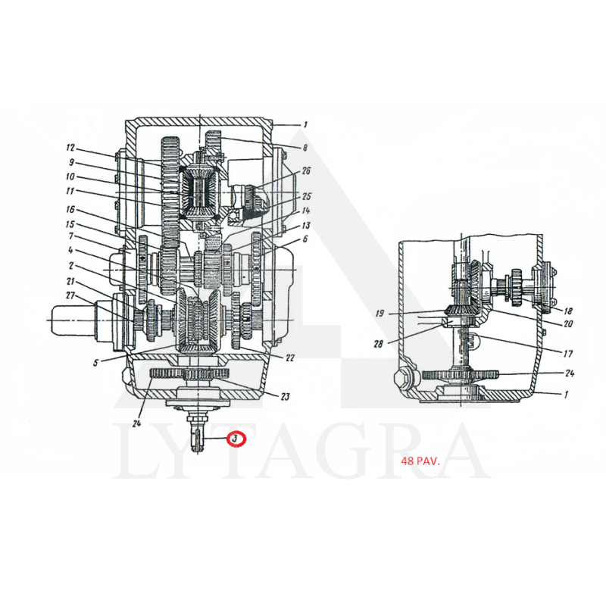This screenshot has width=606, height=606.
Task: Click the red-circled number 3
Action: (x=236, y=439)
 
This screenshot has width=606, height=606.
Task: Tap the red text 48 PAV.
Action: (x=420, y=461)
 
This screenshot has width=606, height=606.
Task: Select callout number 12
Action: (x=70, y=148)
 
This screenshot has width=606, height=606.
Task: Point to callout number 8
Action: (x=305, y=147)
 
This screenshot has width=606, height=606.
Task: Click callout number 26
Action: (x=306, y=170)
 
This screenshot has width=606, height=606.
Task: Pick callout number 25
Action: (x=307, y=196)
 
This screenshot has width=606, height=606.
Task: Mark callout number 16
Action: (x=70, y=210)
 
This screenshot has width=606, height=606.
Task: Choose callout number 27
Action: (x=70, y=295)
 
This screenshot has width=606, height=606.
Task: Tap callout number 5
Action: (x=95, y=363)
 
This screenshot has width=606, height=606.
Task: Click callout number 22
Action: (x=290, y=358)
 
